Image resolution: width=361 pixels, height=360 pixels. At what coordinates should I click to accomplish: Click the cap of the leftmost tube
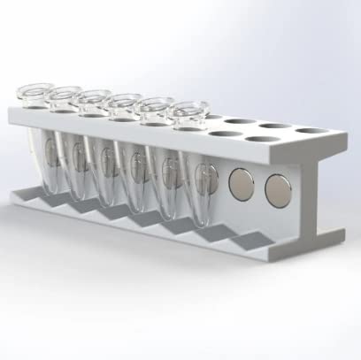33,92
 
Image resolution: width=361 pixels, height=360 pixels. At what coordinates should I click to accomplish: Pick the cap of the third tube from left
92,99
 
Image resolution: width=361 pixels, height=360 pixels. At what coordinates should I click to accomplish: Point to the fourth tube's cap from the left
125,103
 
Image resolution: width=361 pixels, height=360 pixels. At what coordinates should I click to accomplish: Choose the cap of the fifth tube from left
156,106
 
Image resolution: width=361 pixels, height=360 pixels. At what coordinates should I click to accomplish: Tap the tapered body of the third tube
106,168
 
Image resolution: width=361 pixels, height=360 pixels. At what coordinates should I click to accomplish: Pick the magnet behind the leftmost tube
50,157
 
